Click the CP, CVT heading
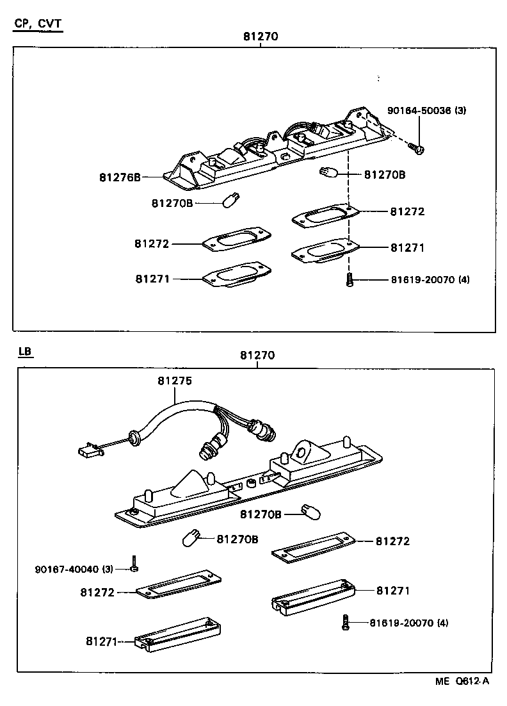[38, 24]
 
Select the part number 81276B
[120, 177]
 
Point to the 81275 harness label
[174, 381]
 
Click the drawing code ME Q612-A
[463, 682]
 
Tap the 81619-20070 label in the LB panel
[408, 622]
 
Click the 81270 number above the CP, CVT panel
[261, 37]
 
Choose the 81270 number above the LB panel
[257, 356]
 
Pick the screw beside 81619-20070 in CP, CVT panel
[350, 280]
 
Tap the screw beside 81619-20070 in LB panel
[345, 622]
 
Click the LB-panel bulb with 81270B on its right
[191, 538]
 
